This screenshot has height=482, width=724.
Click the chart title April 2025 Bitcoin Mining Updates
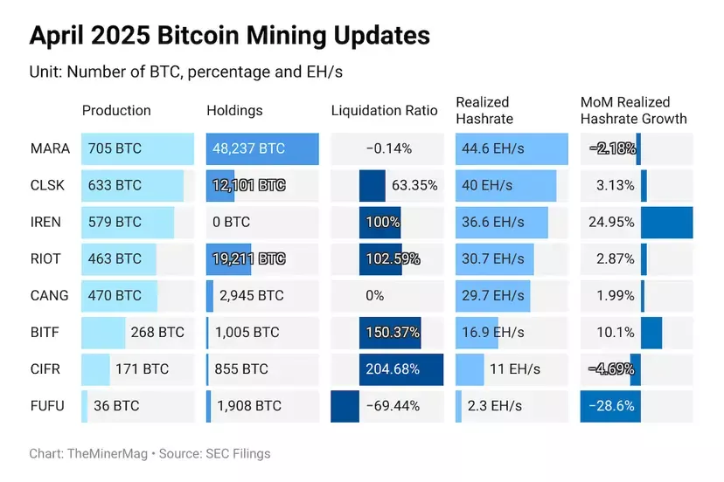coord(229,35)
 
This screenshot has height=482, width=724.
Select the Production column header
coord(116,111)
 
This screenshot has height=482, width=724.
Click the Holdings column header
coord(234,111)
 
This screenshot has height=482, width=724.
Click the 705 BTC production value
coord(114,148)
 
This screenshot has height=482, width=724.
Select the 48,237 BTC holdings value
coord(248,148)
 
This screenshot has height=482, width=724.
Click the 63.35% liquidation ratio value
coord(415,185)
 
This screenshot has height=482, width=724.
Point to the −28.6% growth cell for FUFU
coord(611,406)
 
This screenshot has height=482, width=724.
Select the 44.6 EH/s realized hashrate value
coord(493,148)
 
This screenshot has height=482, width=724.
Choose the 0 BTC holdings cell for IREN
coord(231,222)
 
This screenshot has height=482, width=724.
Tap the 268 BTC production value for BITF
coord(157,333)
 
